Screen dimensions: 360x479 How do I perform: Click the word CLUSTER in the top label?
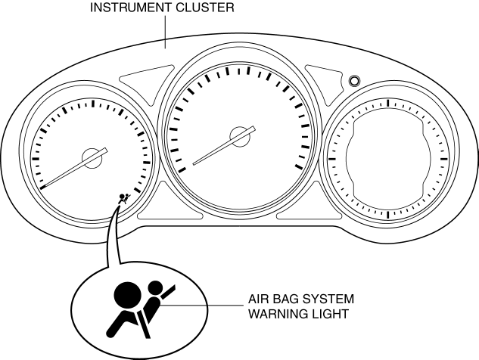click(205, 8)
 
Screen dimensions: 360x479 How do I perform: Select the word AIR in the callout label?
click(260, 299)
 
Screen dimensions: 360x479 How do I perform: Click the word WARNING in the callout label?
click(274, 312)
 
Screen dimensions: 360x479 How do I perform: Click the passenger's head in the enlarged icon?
click(156, 288)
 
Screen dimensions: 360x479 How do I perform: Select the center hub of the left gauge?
click(92, 157)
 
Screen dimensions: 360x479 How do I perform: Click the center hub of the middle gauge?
click(241, 136)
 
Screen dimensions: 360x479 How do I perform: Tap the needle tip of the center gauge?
click(194, 163)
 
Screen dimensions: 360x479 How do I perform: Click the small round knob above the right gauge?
click(354, 80)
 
